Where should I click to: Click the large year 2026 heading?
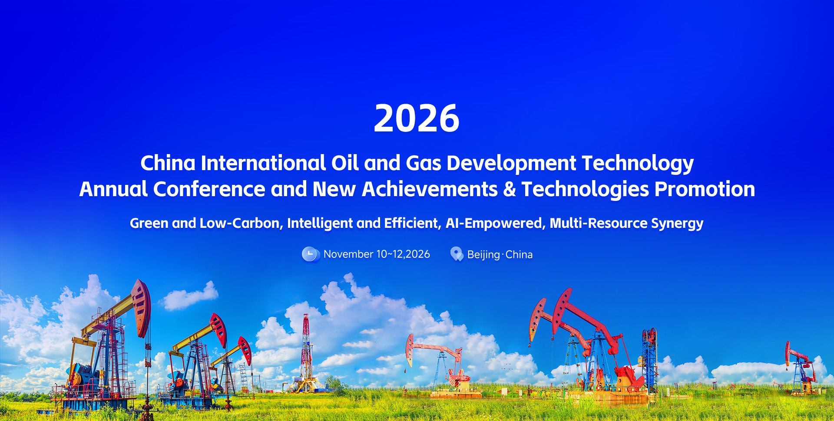[417, 118]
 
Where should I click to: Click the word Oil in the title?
[345, 163]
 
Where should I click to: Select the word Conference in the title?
[209, 189]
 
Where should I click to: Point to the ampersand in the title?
[510, 190]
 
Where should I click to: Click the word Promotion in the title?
[705, 189]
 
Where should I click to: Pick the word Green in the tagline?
[149, 223]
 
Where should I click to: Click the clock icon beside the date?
[311, 254]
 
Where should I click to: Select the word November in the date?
[348, 254]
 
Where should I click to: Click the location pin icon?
[457, 254]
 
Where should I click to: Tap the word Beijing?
[483, 255]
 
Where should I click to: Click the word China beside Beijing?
[519, 254]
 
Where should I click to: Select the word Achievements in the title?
[430, 189]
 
